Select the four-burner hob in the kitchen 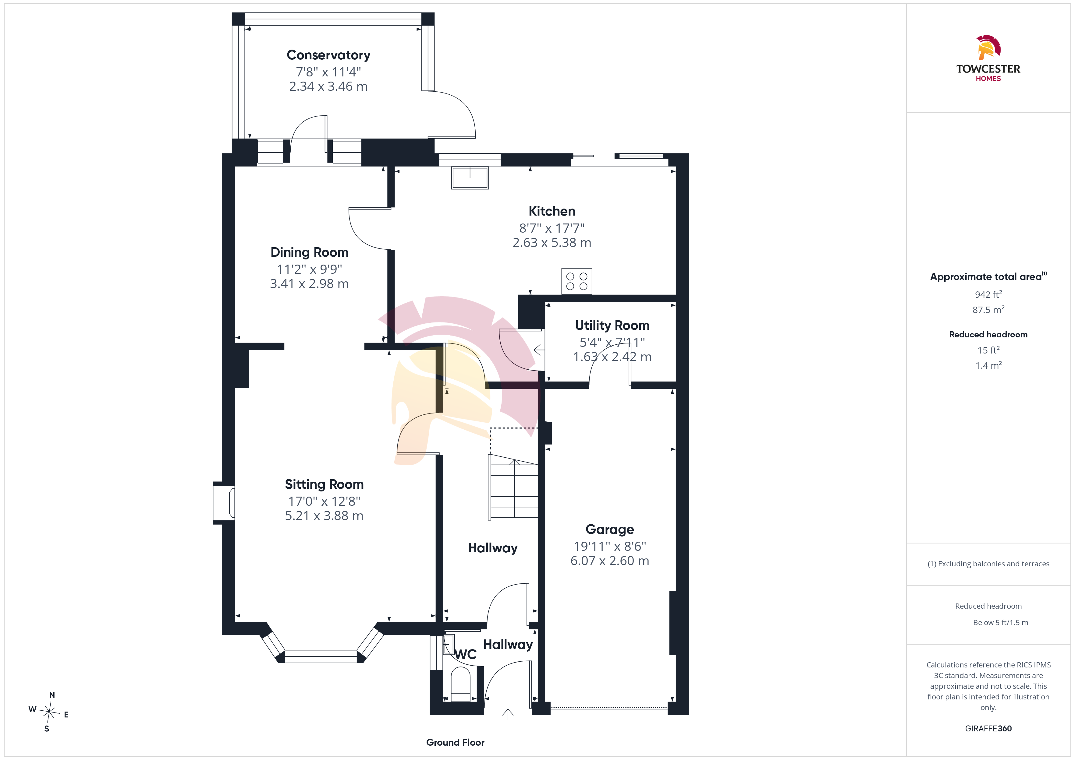pos(577,281)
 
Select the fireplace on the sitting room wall pos(224,503)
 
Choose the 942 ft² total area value pos(988,294)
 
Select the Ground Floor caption pos(455,742)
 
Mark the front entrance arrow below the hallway pos(508,714)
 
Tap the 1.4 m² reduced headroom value pos(988,365)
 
